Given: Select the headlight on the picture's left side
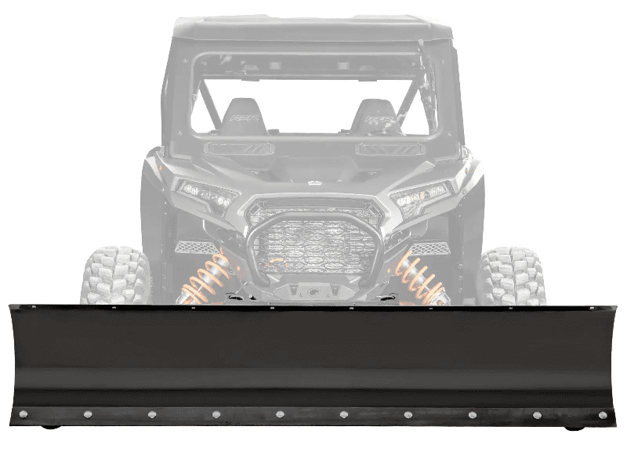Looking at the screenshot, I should [x=206, y=193].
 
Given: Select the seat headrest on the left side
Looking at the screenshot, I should [x=243, y=116].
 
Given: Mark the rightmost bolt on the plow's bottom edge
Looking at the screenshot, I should [x=602, y=415].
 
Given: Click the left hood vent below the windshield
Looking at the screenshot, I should [x=238, y=148].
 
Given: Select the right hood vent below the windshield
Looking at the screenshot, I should [x=390, y=149].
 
